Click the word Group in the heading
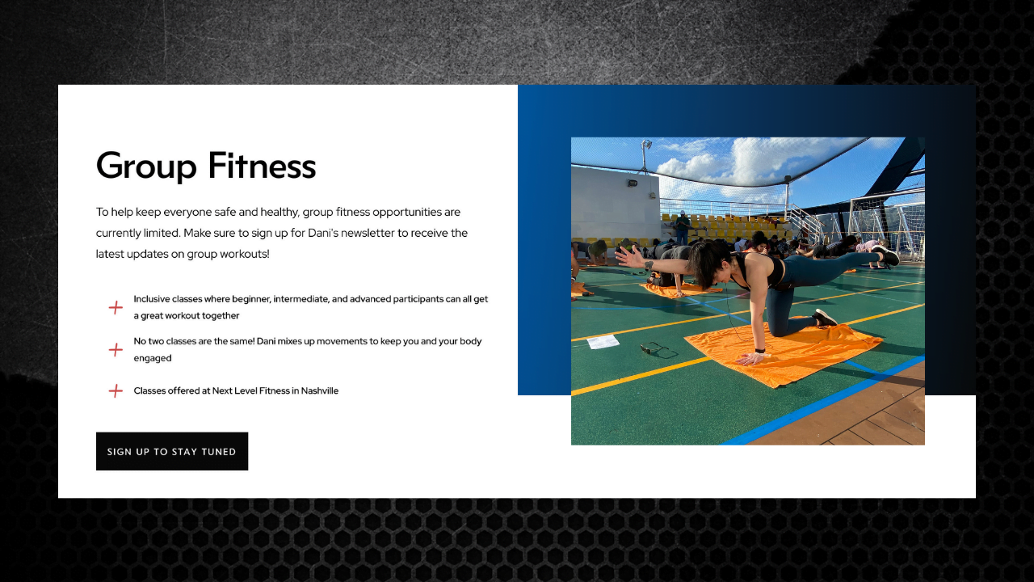(x=146, y=167)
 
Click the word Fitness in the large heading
(x=263, y=165)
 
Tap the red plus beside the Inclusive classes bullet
(x=116, y=308)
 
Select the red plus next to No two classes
(x=116, y=350)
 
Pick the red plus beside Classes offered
(x=116, y=390)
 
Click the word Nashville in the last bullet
(x=319, y=390)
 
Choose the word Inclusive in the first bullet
(x=151, y=299)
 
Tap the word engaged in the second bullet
(x=153, y=358)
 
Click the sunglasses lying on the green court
(x=658, y=350)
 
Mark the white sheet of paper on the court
(x=603, y=342)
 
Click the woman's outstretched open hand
(x=630, y=257)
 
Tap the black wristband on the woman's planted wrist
(x=760, y=351)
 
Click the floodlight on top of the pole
(x=645, y=145)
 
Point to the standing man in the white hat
(x=682, y=228)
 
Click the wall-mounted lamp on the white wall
(x=632, y=183)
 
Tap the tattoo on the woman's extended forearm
(x=649, y=266)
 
